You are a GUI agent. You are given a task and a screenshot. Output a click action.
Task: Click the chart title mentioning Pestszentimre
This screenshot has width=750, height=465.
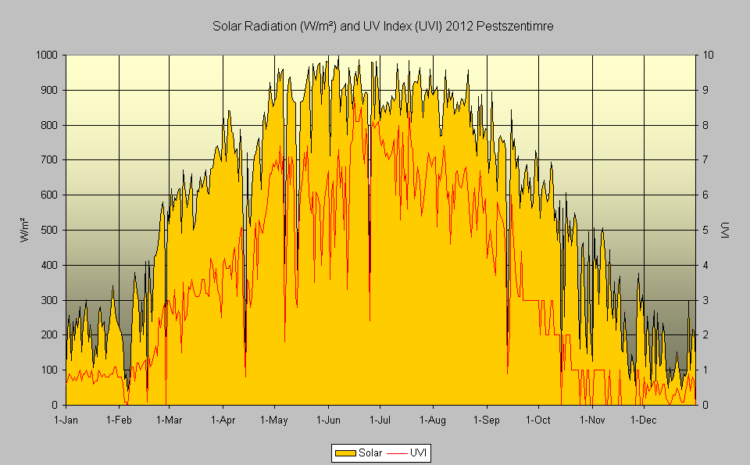click(384, 27)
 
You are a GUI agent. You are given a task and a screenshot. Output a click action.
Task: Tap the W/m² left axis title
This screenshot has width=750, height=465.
click(24, 230)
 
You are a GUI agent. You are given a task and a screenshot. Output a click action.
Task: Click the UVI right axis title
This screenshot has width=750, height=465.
click(724, 230)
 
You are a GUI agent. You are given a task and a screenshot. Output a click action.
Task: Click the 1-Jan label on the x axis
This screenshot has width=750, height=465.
click(66, 420)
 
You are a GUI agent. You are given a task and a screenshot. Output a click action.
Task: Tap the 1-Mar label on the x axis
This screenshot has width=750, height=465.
click(169, 420)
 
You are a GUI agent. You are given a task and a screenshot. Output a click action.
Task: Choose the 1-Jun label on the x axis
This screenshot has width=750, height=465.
click(327, 420)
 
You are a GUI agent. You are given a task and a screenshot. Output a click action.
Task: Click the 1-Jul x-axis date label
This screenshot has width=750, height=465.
click(380, 420)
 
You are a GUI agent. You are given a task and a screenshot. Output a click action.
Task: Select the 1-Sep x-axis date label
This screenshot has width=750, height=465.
click(486, 420)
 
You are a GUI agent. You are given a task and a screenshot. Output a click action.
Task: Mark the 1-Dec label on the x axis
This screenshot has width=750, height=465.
click(643, 420)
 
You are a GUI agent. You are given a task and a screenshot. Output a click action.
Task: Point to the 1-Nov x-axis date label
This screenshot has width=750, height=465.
click(591, 420)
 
